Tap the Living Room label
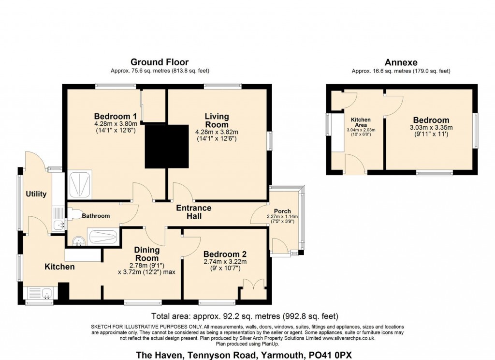pyautogui.click(x=217, y=120)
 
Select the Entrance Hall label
pyautogui.click(x=193, y=212)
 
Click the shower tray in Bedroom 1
pyautogui.click(x=80, y=185)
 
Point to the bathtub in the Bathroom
pyautogui.click(x=103, y=237)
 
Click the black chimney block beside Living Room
pyautogui.click(x=167, y=146)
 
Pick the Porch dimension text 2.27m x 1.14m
pyautogui.click(x=282, y=216)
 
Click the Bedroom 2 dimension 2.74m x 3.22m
pyautogui.click(x=225, y=262)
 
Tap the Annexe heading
pyautogui.click(x=401, y=62)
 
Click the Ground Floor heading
pyautogui.click(x=160, y=62)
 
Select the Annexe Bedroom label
pyautogui.click(x=431, y=120)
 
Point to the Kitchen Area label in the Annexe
pyautogui.click(x=361, y=122)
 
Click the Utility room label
pyautogui.click(x=36, y=194)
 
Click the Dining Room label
pyautogui.click(x=147, y=254)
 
